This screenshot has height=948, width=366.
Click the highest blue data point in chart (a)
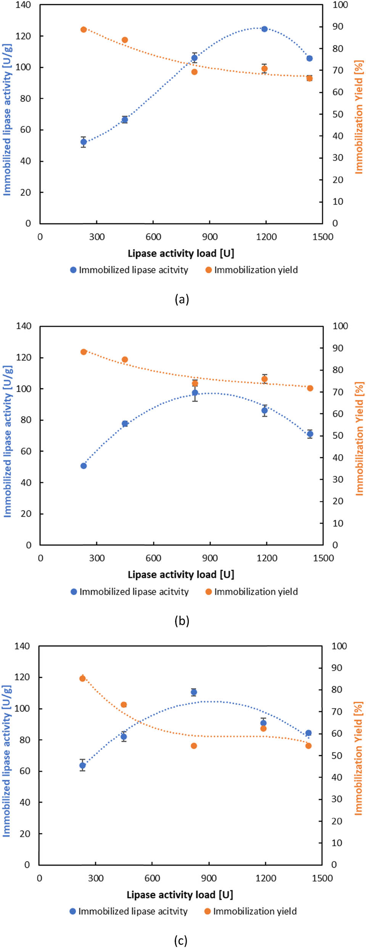coord(264,29)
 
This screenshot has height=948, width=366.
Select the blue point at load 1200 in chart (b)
coord(264,410)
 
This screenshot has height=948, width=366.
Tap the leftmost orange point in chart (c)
coord(82,678)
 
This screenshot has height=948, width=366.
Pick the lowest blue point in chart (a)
coord(84,142)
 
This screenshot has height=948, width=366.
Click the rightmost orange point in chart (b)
coord(310,388)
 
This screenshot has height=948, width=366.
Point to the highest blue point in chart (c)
coord(194,692)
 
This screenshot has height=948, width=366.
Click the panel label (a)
coord(182,299)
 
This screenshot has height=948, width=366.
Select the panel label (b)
coord(182,621)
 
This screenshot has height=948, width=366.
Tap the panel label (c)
coord(181,940)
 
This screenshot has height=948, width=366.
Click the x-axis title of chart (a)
coord(181,253)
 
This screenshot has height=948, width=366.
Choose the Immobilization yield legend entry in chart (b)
coord(252,592)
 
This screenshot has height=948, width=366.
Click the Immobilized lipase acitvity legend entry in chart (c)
coord(129,911)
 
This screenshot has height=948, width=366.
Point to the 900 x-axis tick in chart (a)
coord(210,237)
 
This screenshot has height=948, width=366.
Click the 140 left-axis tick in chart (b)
coord(24,326)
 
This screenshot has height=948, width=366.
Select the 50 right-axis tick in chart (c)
coord(336,755)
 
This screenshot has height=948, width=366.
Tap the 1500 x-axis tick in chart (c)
coord(322,878)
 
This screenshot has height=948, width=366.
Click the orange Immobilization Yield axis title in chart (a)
coord(359,117)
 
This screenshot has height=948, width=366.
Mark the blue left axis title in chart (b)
coord(8,441)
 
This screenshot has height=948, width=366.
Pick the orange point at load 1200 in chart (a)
coord(264,69)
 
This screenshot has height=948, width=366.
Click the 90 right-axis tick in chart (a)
coord(337,27)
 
